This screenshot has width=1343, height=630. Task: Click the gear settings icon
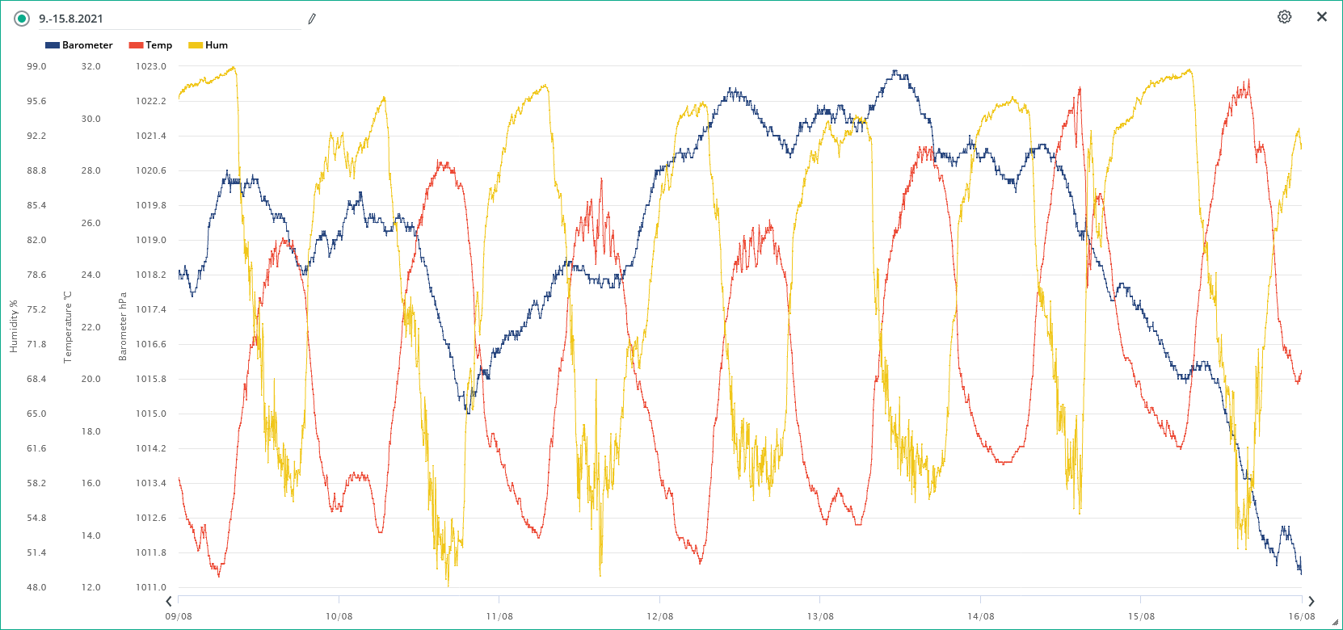[1284, 17]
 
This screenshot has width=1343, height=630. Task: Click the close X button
[1322, 17]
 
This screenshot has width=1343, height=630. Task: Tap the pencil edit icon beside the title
[312, 19]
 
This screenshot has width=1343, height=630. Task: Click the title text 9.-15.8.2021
[71, 19]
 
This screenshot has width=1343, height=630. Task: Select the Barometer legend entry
[79, 45]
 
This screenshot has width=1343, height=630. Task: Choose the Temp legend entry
[151, 45]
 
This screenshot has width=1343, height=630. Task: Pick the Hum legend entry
[208, 45]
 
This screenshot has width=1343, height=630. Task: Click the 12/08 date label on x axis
[659, 616]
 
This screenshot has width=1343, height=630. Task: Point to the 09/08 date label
[179, 616]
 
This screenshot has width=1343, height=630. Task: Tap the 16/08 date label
[1301, 616]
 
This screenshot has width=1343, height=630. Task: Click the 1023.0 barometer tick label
[151, 66]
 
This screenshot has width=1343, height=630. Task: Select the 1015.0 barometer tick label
[151, 414]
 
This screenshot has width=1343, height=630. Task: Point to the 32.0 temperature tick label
[91, 66]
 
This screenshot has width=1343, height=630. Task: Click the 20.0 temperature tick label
[91, 379]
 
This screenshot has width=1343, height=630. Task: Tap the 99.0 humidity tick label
[36, 66]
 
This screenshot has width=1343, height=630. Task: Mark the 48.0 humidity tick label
[36, 587]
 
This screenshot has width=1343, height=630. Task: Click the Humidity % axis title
[13, 326]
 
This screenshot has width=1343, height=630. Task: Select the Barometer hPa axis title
[123, 326]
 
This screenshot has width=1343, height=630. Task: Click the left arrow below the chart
[169, 601]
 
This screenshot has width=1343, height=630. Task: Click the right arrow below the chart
[1311, 601]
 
